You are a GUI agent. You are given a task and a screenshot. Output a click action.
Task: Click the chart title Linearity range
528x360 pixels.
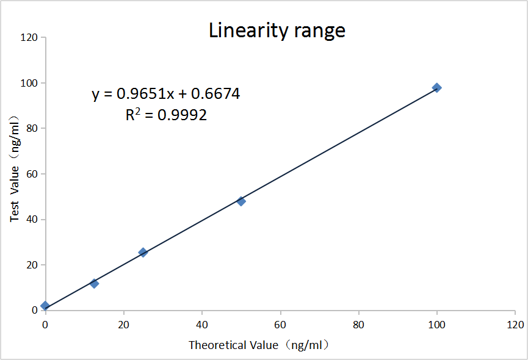[x=277, y=30]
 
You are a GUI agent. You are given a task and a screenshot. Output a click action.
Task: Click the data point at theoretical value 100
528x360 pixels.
[x=436, y=88]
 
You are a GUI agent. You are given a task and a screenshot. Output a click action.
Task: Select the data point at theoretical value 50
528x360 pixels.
[x=241, y=201]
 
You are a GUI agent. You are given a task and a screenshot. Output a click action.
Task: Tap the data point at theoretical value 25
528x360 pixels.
[x=143, y=252]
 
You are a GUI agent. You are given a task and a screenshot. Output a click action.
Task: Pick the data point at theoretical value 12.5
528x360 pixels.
[x=94, y=283]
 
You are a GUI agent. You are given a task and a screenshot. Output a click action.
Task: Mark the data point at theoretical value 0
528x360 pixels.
[x=45, y=305]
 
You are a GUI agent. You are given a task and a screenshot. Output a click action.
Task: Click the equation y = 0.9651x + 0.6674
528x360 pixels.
[x=166, y=94]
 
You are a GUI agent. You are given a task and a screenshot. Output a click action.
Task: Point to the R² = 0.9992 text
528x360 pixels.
[x=166, y=114]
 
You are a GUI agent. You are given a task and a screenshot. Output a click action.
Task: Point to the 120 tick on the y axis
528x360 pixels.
[x=29, y=38]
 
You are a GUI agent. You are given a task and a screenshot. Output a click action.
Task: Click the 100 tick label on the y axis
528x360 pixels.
[x=29, y=83]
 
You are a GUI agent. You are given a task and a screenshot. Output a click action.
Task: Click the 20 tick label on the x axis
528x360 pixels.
[x=123, y=324]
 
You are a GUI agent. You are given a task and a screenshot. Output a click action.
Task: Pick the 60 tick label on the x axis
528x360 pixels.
[x=280, y=324]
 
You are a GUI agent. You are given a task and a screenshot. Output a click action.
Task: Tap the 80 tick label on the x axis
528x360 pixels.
[x=358, y=324]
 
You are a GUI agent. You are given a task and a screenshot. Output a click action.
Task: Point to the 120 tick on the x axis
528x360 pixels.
[x=515, y=324]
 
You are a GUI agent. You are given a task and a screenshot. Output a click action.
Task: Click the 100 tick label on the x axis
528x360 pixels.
[x=436, y=324]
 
